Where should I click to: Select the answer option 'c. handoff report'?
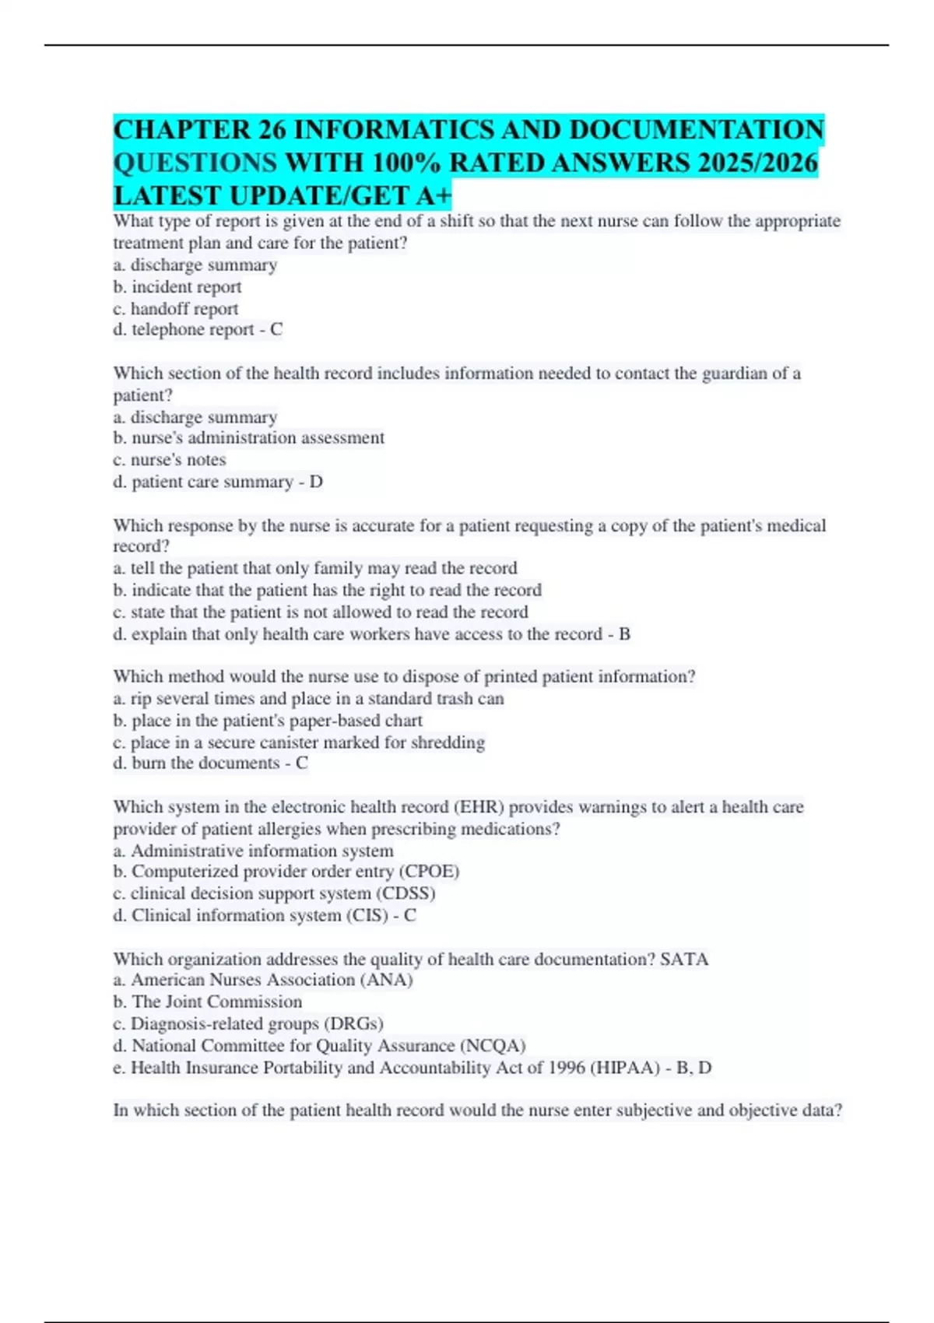(x=176, y=309)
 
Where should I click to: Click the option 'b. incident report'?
(x=177, y=287)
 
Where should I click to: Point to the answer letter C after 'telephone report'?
(x=276, y=330)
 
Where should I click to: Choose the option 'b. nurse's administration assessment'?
(x=249, y=438)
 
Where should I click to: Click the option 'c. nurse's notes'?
(x=170, y=460)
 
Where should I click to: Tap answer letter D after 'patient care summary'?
(x=316, y=482)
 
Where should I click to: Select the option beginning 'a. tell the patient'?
(x=315, y=568)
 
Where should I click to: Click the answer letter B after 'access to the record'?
(x=624, y=634)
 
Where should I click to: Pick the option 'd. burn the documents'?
(x=196, y=763)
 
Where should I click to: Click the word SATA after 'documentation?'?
(x=684, y=959)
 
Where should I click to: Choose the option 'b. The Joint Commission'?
(x=208, y=1002)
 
